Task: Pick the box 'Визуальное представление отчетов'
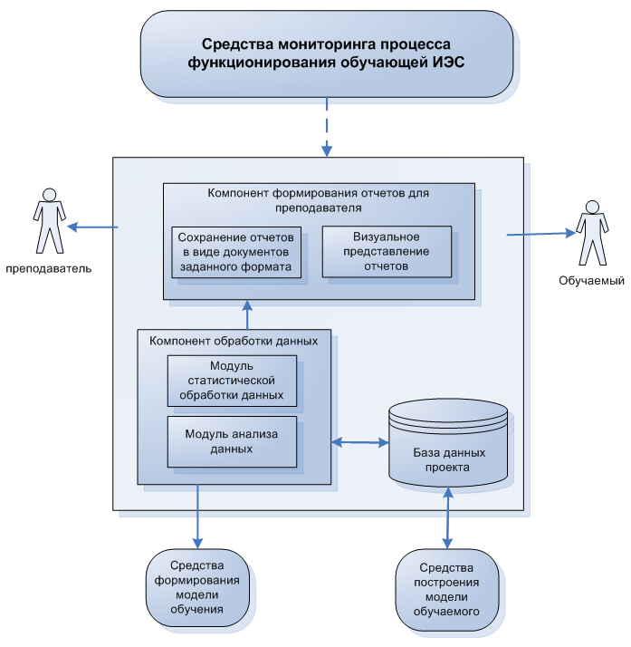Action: point(387,251)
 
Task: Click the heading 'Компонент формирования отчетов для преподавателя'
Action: point(318,199)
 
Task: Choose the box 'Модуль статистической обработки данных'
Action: point(234,381)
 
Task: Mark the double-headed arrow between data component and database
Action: point(359,442)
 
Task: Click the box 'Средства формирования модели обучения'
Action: point(197,588)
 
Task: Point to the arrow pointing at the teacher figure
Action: point(94,227)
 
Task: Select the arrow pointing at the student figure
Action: point(540,233)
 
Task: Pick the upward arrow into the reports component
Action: point(247,314)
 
